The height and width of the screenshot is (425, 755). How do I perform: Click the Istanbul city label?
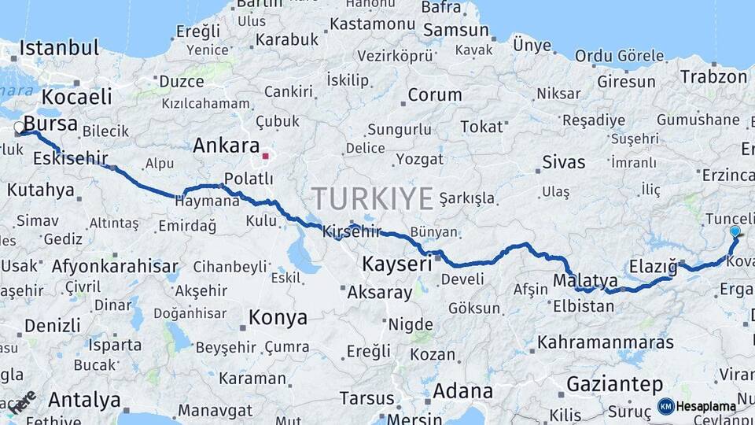pos(59,47)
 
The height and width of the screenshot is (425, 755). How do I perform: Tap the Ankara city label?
pos(226,146)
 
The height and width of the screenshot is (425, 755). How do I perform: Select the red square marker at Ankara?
pos(266,156)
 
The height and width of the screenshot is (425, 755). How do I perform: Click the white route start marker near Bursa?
pos(20,128)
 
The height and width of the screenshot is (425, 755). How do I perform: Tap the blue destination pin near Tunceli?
pos(735,231)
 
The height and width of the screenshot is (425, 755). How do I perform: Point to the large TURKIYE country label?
pos(372,198)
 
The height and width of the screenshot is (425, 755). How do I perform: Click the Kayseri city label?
pos(397,263)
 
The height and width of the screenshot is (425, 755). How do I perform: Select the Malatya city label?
pos(585,280)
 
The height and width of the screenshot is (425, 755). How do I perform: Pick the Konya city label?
pos(278,317)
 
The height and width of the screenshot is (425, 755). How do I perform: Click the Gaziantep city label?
pos(615,384)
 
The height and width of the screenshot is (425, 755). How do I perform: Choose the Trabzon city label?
pos(713,76)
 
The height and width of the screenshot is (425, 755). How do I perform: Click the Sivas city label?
pos(564,162)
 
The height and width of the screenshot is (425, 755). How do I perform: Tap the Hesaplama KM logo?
pos(697,406)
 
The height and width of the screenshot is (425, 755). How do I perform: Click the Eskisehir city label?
pos(71,158)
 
